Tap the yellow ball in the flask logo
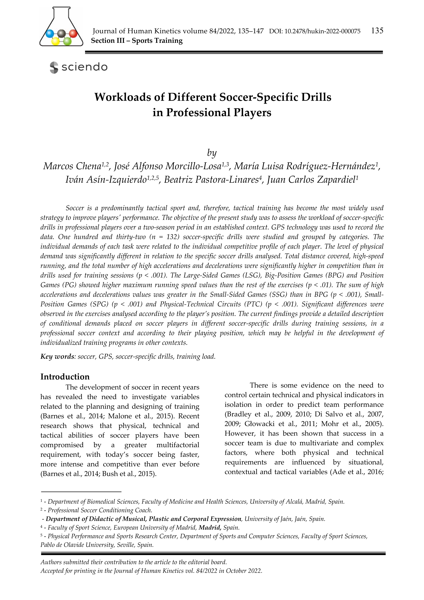(55, 41)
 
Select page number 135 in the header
(377, 31)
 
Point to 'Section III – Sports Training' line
(137, 41)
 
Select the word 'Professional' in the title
(198, 113)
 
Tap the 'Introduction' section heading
(65, 377)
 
